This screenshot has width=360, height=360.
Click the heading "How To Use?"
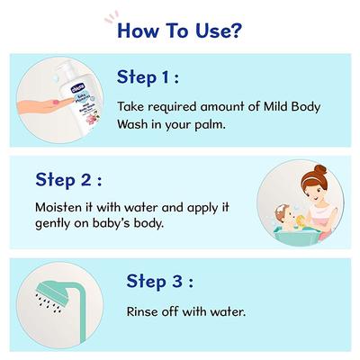180,32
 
